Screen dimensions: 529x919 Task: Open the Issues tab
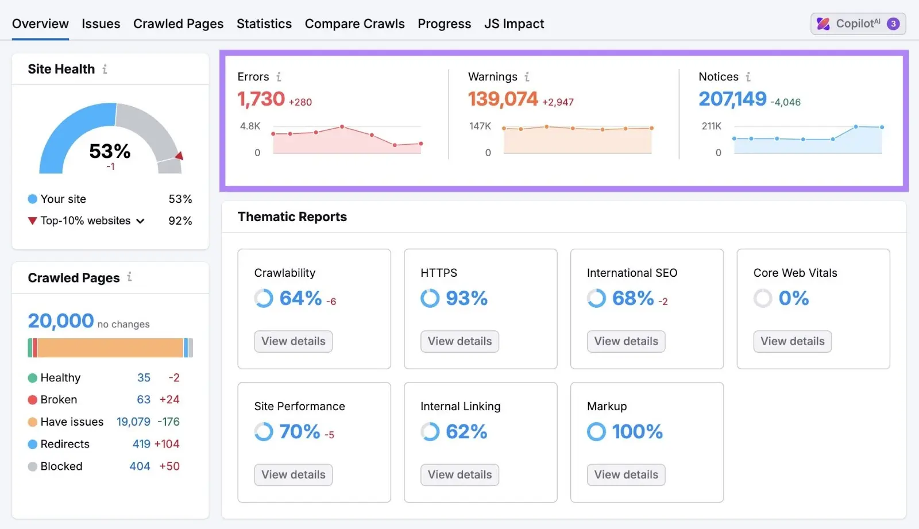pos(101,24)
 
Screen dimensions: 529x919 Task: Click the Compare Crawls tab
pos(354,24)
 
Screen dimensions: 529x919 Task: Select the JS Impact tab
pos(514,24)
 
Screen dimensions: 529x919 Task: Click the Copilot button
pos(858,24)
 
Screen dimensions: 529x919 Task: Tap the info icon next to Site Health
pos(105,69)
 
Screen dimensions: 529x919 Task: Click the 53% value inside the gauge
pos(110,151)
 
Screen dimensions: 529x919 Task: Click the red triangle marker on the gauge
pos(179,156)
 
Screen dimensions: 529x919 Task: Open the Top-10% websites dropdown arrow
pos(140,221)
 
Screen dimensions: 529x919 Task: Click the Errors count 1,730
pos(261,99)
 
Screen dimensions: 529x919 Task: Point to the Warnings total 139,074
pos(503,99)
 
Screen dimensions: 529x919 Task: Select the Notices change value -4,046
pos(785,102)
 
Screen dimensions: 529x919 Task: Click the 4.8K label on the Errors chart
pos(250,126)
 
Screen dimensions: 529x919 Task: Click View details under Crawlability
pos(293,341)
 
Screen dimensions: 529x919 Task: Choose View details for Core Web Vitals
pos(792,341)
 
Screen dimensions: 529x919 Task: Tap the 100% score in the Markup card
pos(637,431)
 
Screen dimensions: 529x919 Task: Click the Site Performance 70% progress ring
pos(264,431)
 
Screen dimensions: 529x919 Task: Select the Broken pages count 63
pos(144,399)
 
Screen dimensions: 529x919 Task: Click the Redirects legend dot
pos(33,444)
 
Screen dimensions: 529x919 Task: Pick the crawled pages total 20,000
pos(61,321)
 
